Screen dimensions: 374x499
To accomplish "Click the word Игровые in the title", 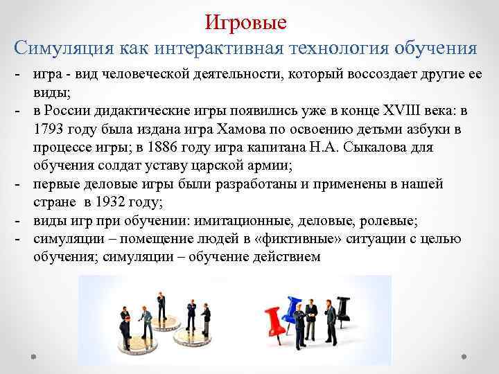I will pos(246,23).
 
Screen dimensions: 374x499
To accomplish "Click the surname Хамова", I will pos(259,130).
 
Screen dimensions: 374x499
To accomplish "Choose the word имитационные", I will pos(243,221).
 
